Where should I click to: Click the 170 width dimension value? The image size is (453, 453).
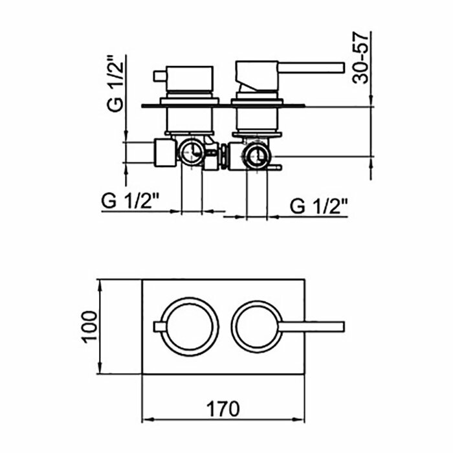pos(223,409)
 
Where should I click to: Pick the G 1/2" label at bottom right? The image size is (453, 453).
pos(319,206)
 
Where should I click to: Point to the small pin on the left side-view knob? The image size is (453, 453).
pos(157,77)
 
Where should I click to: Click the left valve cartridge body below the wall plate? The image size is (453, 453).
pos(189,119)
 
